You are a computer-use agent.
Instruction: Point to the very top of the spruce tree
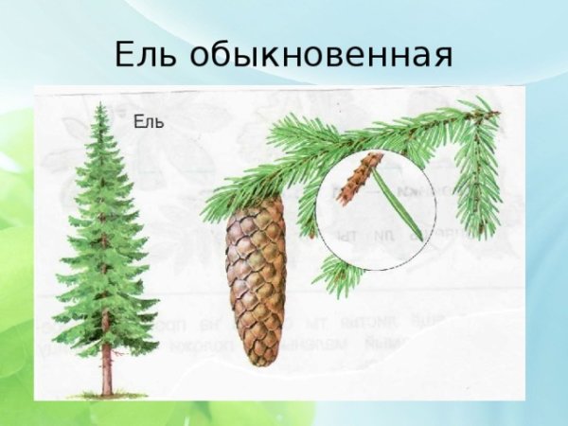[x=101, y=105]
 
